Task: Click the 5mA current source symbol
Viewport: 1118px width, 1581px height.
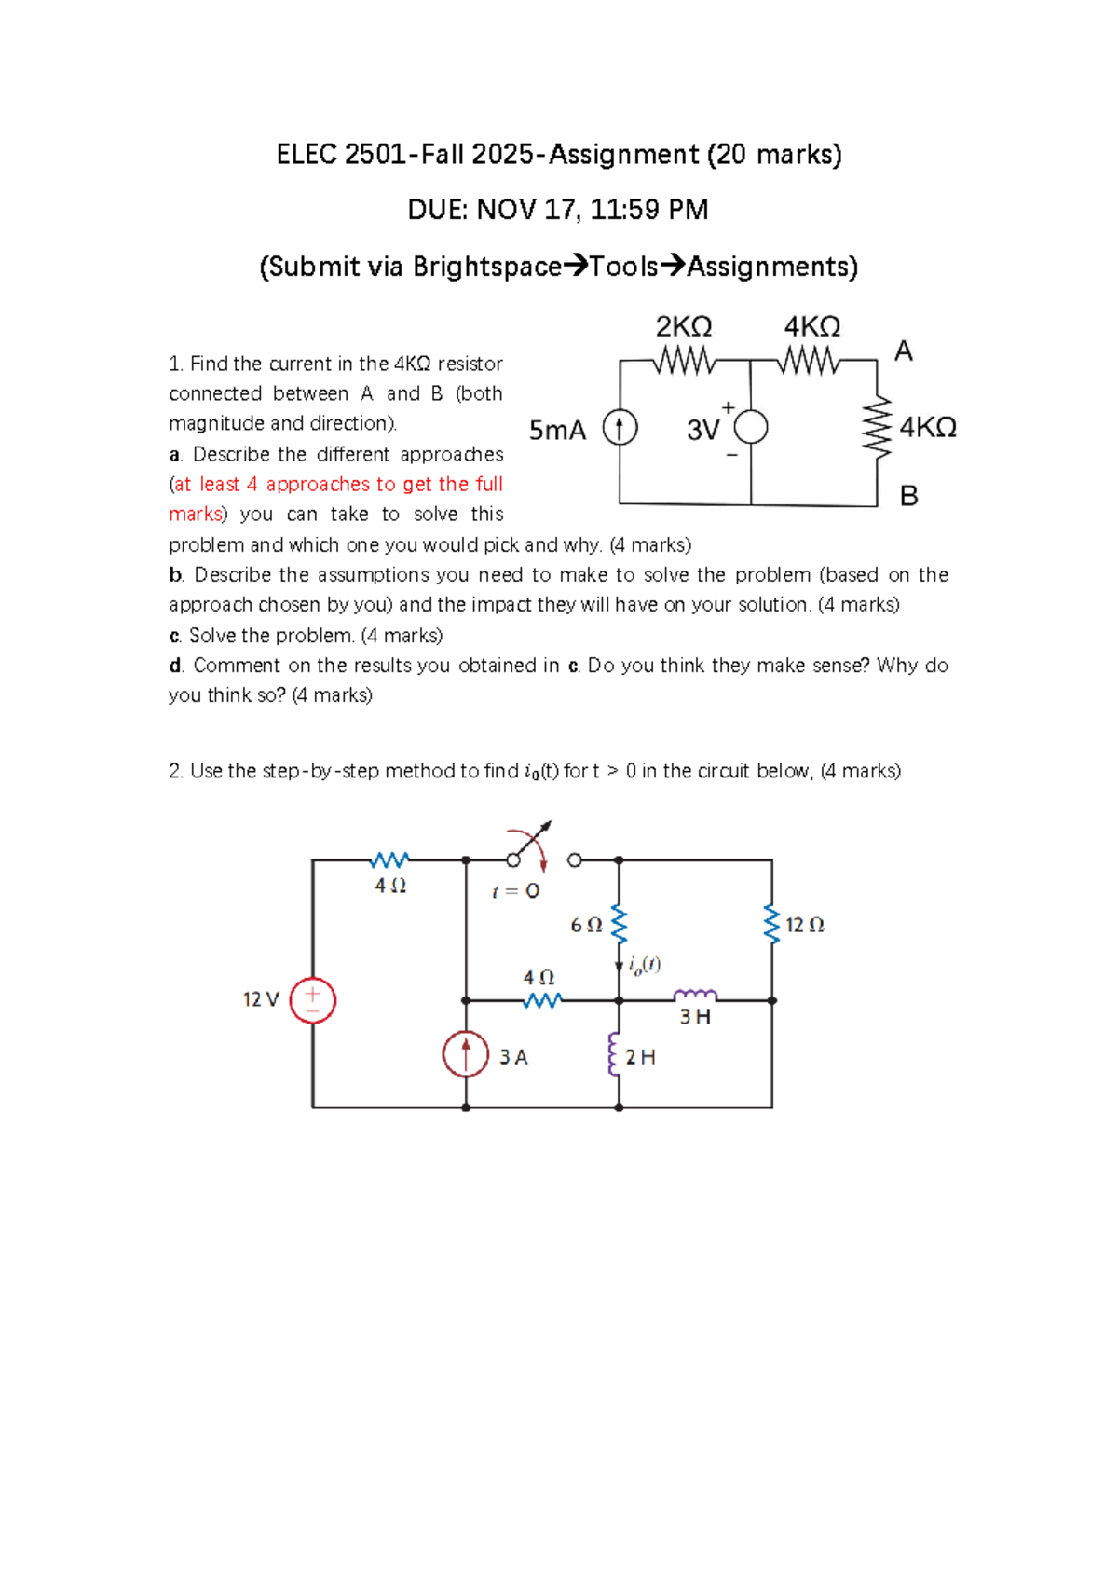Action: coord(620,428)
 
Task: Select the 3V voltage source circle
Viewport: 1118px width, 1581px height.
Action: coord(751,428)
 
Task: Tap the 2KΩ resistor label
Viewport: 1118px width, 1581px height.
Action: coord(684,327)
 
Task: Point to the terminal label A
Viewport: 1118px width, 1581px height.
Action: coord(903,351)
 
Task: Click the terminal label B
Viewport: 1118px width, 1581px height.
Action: coord(908,496)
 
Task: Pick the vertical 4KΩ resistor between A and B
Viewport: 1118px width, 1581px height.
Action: coord(877,428)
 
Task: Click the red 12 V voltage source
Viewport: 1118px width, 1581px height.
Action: coord(312,1000)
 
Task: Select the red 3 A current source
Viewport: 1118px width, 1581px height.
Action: coord(466,1054)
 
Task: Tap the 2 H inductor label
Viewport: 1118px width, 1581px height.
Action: coord(640,1057)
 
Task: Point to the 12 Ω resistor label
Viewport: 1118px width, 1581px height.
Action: coord(804,925)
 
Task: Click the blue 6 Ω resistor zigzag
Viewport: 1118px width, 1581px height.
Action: coord(619,925)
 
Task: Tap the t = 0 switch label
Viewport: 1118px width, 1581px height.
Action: coord(515,891)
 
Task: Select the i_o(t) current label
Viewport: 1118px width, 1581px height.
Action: coord(645,965)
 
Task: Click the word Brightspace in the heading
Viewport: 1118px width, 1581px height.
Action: coord(487,267)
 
